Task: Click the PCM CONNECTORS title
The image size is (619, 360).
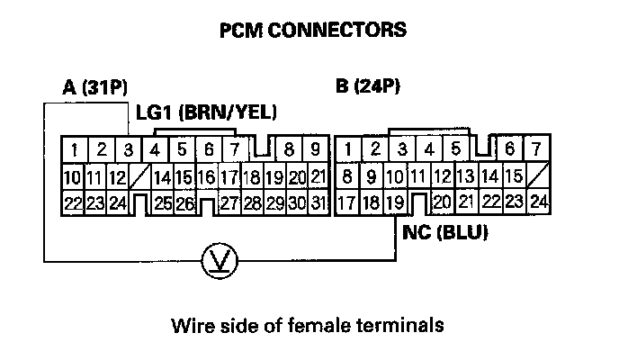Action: (x=313, y=30)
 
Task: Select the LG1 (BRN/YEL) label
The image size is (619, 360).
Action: (x=206, y=112)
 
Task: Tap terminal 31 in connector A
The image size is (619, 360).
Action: (x=318, y=202)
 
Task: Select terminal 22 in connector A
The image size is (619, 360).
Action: (x=73, y=202)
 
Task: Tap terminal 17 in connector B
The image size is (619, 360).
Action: (x=346, y=202)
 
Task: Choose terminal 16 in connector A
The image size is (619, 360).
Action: (x=207, y=176)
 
